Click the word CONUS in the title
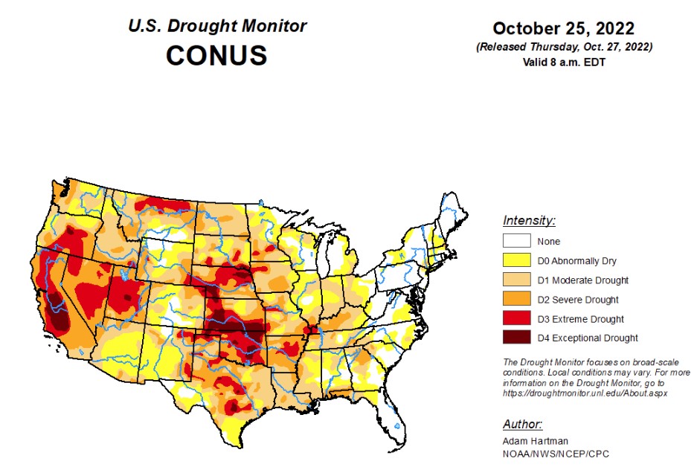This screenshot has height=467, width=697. [216, 56]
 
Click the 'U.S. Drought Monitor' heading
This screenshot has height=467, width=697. [216, 26]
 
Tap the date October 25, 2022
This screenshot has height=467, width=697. [563, 29]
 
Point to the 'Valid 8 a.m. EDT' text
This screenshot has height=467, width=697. [563, 62]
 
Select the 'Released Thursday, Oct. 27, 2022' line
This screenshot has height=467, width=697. [564, 47]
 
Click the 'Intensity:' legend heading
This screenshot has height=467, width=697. [529, 221]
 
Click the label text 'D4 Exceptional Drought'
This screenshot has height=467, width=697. [588, 338]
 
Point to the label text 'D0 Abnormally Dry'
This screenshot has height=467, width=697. [576, 260]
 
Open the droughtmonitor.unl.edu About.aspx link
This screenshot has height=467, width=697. [585, 393]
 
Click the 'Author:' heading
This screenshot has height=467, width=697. [522, 425]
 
